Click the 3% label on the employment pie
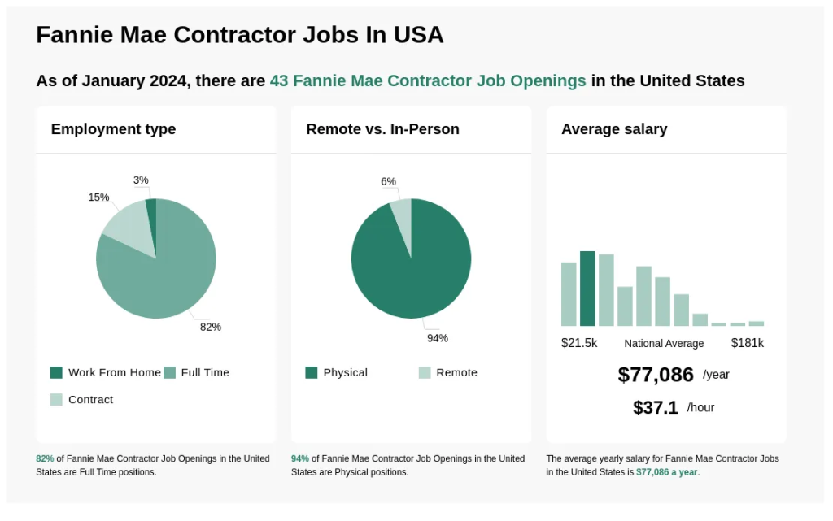(141, 180)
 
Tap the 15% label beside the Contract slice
(98, 198)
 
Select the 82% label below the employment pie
(211, 327)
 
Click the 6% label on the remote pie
(388, 181)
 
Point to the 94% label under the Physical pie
(438, 338)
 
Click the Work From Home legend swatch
(56, 372)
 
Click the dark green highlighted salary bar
(587, 289)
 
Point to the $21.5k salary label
(579, 343)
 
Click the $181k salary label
(747, 343)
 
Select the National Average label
(664, 343)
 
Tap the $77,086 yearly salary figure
(656, 375)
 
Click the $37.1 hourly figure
(656, 407)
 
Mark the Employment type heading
(113, 129)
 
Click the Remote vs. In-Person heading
(382, 129)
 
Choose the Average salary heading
(614, 129)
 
